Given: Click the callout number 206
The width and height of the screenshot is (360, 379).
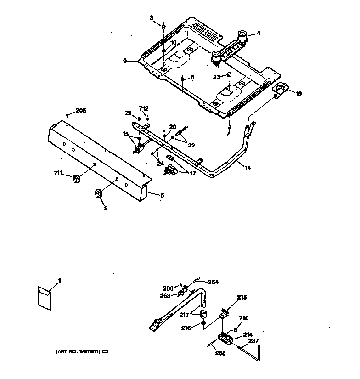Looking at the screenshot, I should (81, 110).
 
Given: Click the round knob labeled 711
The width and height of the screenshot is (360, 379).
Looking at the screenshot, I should (76, 178).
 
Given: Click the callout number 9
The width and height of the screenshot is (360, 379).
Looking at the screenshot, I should (125, 60).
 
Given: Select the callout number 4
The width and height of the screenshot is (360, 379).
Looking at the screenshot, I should (258, 33).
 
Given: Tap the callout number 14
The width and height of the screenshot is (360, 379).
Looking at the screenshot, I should (247, 168).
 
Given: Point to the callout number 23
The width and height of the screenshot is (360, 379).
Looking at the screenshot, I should (216, 77).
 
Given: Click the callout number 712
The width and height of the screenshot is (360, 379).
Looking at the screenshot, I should (144, 109).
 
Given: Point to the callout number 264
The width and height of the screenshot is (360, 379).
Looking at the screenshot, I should (213, 282).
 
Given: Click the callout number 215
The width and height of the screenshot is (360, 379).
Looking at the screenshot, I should (242, 298).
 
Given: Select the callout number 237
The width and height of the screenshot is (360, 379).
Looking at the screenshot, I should (253, 340).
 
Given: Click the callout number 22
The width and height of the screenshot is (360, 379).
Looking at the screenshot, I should (191, 145).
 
